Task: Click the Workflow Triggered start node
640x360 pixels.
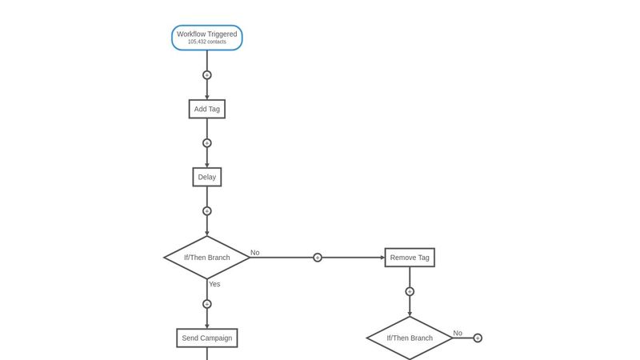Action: pyautogui.click(x=207, y=38)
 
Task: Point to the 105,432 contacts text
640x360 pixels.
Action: pyautogui.click(x=207, y=42)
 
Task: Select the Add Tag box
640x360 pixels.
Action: pyautogui.click(x=207, y=109)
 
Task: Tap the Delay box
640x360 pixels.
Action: pyautogui.click(x=207, y=177)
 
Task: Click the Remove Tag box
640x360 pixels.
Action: pyautogui.click(x=410, y=258)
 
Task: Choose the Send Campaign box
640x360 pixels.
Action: pyautogui.click(x=207, y=338)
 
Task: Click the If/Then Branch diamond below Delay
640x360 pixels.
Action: pyautogui.click(x=207, y=258)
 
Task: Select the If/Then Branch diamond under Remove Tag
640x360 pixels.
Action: pyautogui.click(x=410, y=338)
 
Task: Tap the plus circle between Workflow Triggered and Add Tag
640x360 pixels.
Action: pyautogui.click(x=207, y=75)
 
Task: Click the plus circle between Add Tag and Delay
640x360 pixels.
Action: pyautogui.click(x=207, y=143)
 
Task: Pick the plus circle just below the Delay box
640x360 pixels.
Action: pyautogui.click(x=207, y=211)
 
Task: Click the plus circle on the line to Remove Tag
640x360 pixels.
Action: pyautogui.click(x=318, y=258)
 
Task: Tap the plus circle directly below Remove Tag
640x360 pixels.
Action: pyautogui.click(x=410, y=291)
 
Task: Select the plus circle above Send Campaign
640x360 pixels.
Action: pyautogui.click(x=207, y=304)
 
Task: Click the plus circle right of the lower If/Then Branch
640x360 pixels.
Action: pyautogui.click(x=478, y=338)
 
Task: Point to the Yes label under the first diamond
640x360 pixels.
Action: pyautogui.click(x=214, y=284)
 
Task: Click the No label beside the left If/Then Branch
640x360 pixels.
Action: pyautogui.click(x=255, y=253)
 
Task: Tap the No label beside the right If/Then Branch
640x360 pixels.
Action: pyautogui.click(x=458, y=333)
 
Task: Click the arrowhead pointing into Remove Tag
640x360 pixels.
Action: pyautogui.click(x=382, y=258)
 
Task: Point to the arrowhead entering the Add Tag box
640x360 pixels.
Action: pyautogui.click(x=207, y=98)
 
